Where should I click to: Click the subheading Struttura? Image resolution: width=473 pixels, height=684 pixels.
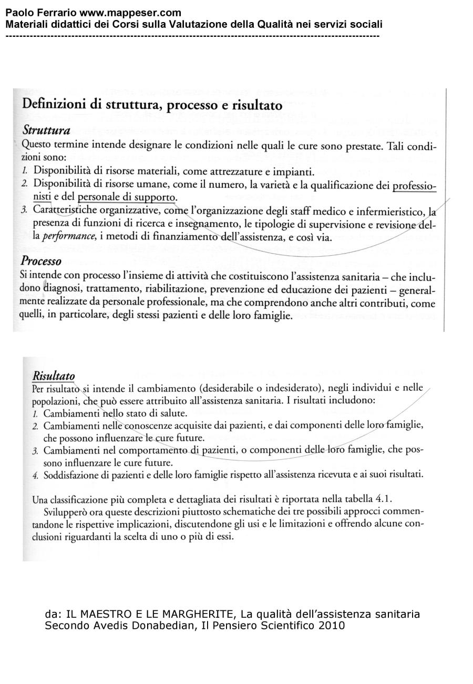pos(46,130)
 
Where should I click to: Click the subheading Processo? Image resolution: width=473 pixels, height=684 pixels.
pos(41,261)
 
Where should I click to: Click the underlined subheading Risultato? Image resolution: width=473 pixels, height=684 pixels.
pos(54,376)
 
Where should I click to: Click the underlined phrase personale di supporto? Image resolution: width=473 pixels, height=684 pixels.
pos(126,198)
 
